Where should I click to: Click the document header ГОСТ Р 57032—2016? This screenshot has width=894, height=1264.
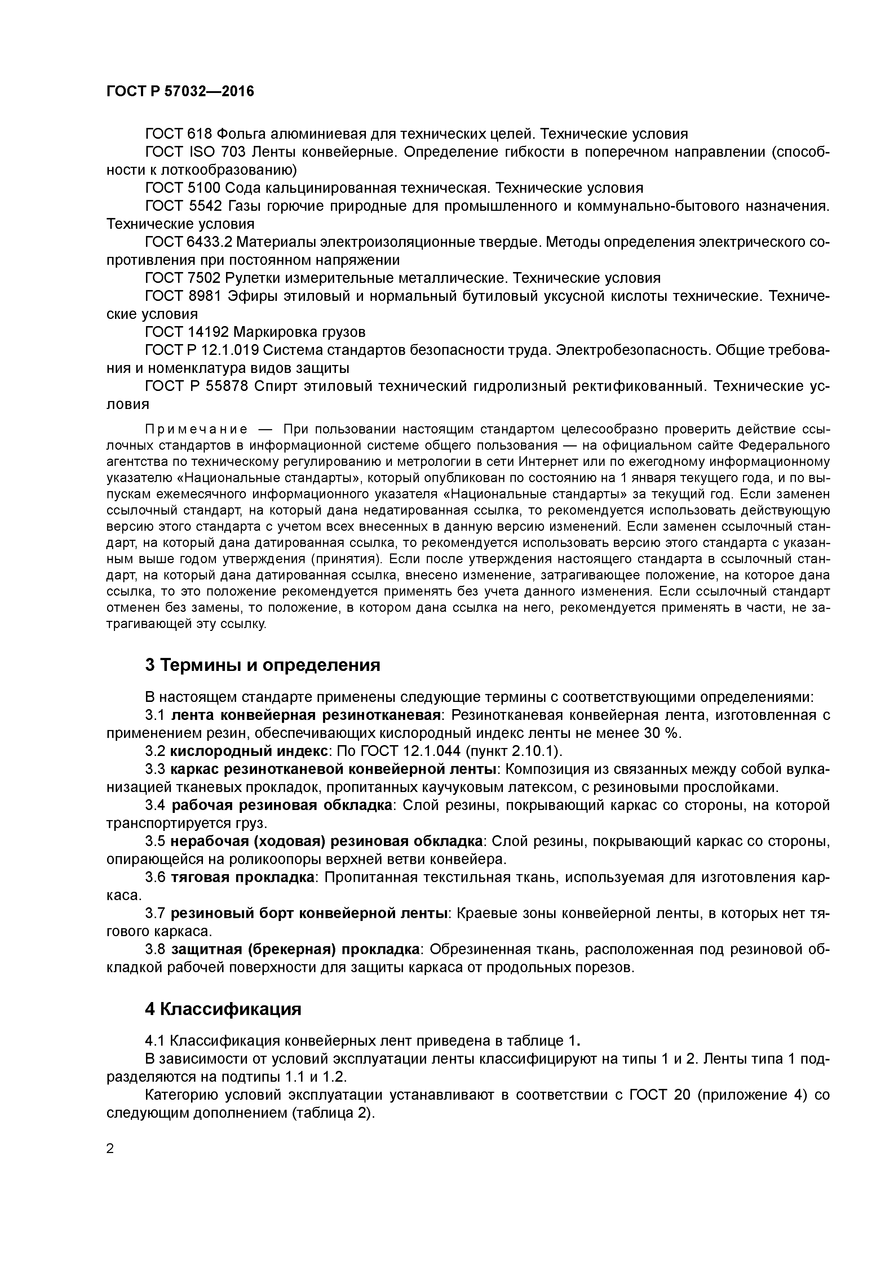[180, 92]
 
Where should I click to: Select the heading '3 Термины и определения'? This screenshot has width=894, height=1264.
[263, 665]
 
